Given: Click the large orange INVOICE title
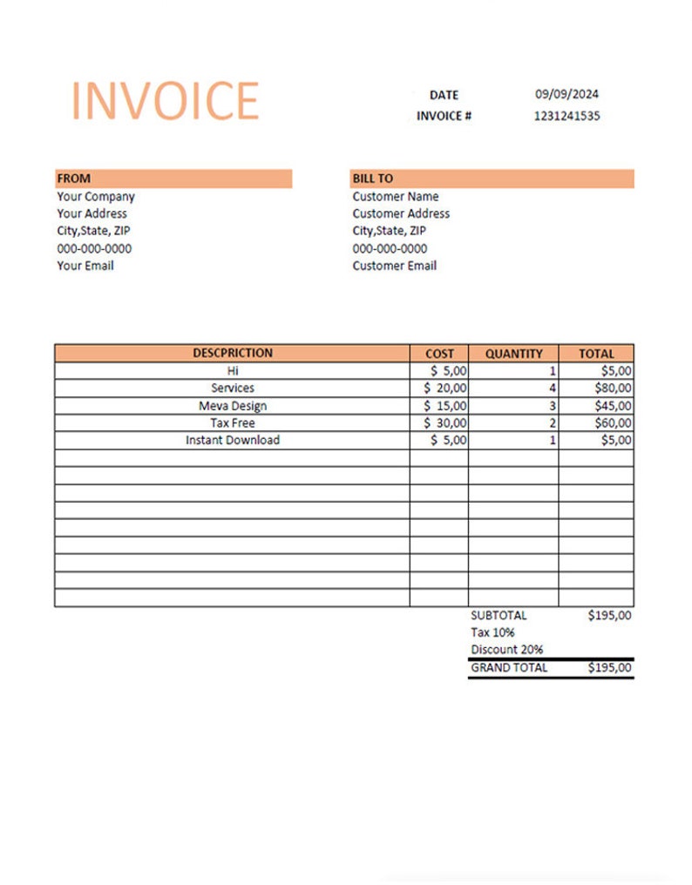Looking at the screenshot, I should [165, 101].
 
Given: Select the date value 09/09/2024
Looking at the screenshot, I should [566, 95].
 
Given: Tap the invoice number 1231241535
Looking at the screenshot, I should [566, 116].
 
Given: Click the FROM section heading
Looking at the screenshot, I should [74, 179].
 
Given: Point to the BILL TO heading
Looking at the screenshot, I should [373, 179].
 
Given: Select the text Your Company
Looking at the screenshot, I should [96, 197].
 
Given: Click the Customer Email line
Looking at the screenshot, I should [394, 266].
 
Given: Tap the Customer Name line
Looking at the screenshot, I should [396, 197].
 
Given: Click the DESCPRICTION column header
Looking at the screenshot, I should [233, 354].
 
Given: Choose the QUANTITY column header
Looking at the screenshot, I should [513, 354].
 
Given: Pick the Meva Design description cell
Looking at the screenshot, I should [233, 406].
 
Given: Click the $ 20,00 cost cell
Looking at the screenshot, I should [445, 388].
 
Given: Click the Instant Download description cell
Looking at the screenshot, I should [233, 441].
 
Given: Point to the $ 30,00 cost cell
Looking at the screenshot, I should [445, 423].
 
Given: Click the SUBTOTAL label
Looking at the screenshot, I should [499, 616].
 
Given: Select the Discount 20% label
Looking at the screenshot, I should [507, 650].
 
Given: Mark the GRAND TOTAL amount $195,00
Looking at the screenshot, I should [610, 668].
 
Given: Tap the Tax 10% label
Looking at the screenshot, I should [492, 632].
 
